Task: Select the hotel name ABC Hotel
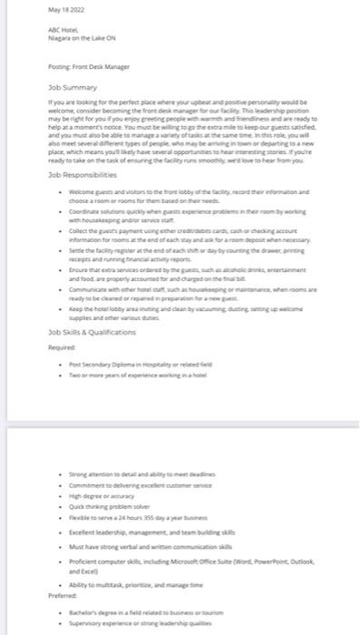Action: [63, 30]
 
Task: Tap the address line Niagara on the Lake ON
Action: [81, 38]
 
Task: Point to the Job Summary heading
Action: [73, 89]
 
